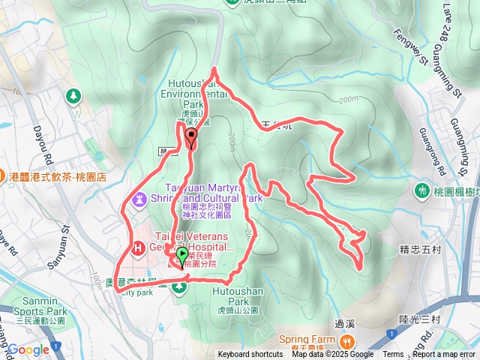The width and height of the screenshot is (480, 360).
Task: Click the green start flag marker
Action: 182,256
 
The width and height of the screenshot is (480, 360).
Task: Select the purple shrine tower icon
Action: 140,199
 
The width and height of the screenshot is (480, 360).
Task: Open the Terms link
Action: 393,355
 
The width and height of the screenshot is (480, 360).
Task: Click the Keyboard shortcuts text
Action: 250,355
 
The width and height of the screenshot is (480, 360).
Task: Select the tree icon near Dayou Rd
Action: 73,95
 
